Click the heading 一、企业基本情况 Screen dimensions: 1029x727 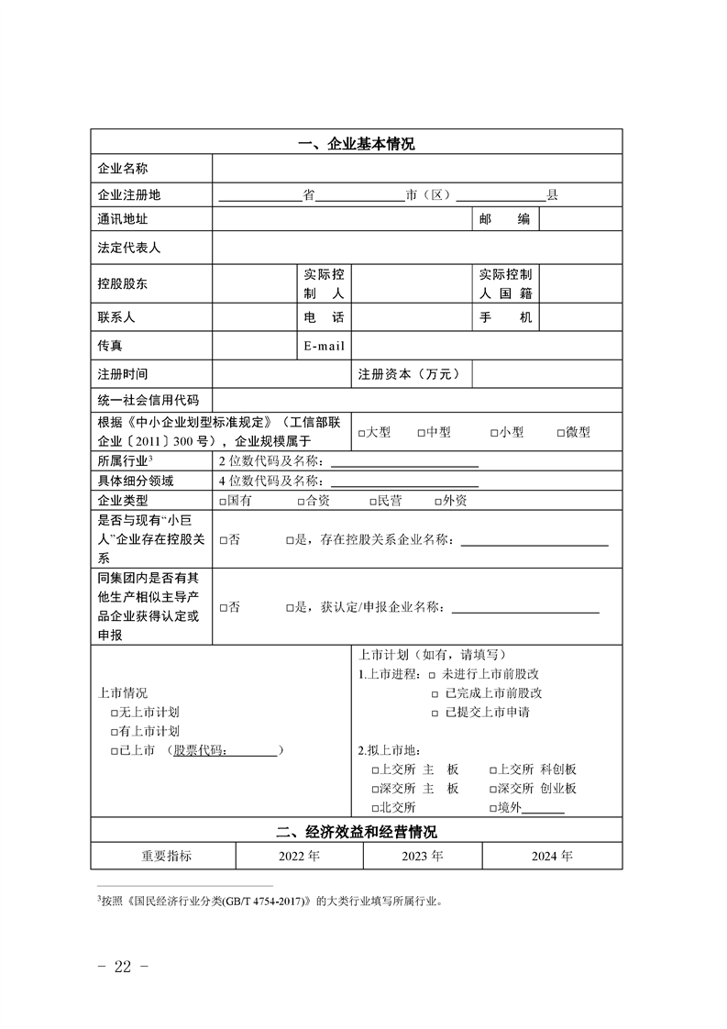(357, 144)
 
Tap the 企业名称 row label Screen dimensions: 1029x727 (123, 169)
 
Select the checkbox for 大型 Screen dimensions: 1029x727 (363, 433)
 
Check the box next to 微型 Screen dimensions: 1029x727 (561, 433)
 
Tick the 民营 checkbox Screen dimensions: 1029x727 (372, 502)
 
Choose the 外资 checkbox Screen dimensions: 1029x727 (438, 502)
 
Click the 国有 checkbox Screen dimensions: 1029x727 (224, 502)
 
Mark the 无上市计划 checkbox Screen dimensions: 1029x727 (114, 713)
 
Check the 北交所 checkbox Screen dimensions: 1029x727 (375, 808)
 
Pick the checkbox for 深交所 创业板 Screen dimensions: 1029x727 (492, 789)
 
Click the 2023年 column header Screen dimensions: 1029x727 (423, 856)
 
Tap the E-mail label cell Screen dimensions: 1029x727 (324, 346)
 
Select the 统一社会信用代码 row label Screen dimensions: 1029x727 (148, 401)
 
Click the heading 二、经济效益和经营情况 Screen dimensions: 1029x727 (357, 833)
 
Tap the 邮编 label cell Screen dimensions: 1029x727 (505, 219)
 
